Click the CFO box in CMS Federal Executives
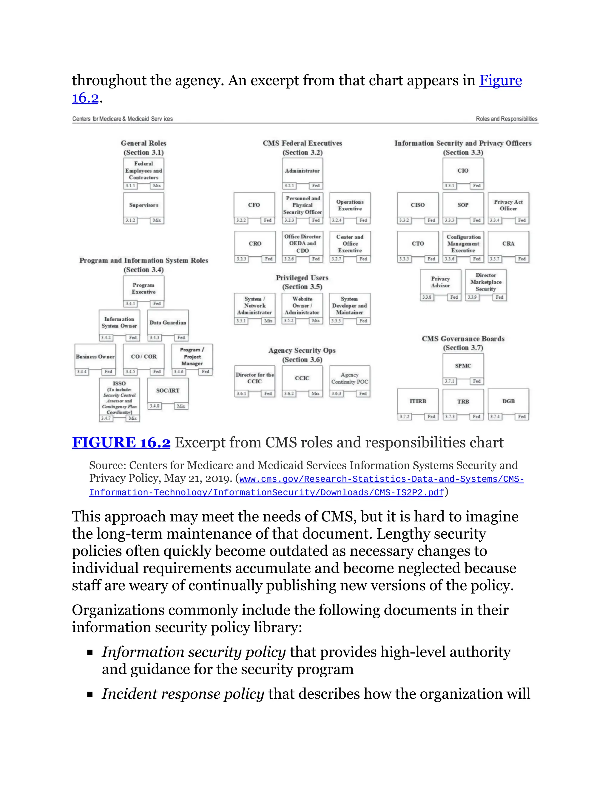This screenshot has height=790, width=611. pyautogui.click(x=254, y=205)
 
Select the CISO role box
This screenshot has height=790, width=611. pyautogui.click(x=417, y=205)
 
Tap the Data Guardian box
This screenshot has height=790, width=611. pyautogui.click(x=168, y=322)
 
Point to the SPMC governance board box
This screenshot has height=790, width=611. pyautogui.click(x=463, y=366)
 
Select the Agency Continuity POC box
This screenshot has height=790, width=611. pyautogui.click(x=350, y=378)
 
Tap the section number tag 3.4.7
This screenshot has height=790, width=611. pyautogui.click(x=106, y=418)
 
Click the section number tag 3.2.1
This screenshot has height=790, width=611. pyautogui.click(x=289, y=185)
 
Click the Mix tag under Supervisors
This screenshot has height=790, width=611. pyautogui.click(x=157, y=220)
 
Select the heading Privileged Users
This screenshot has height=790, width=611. pyautogui.click(x=302, y=278)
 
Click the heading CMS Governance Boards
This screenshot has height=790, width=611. pyautogui.click(x=463, y=339)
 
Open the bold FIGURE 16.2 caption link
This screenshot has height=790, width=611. pyautogui.click(x=121, y=442)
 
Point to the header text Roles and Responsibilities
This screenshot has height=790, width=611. pyautogui.click(x=506, y=119)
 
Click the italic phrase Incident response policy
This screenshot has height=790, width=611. pyautogui.click(x=183, y=694)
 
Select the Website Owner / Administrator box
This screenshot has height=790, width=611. pyautogui.click(x=302, y=306)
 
